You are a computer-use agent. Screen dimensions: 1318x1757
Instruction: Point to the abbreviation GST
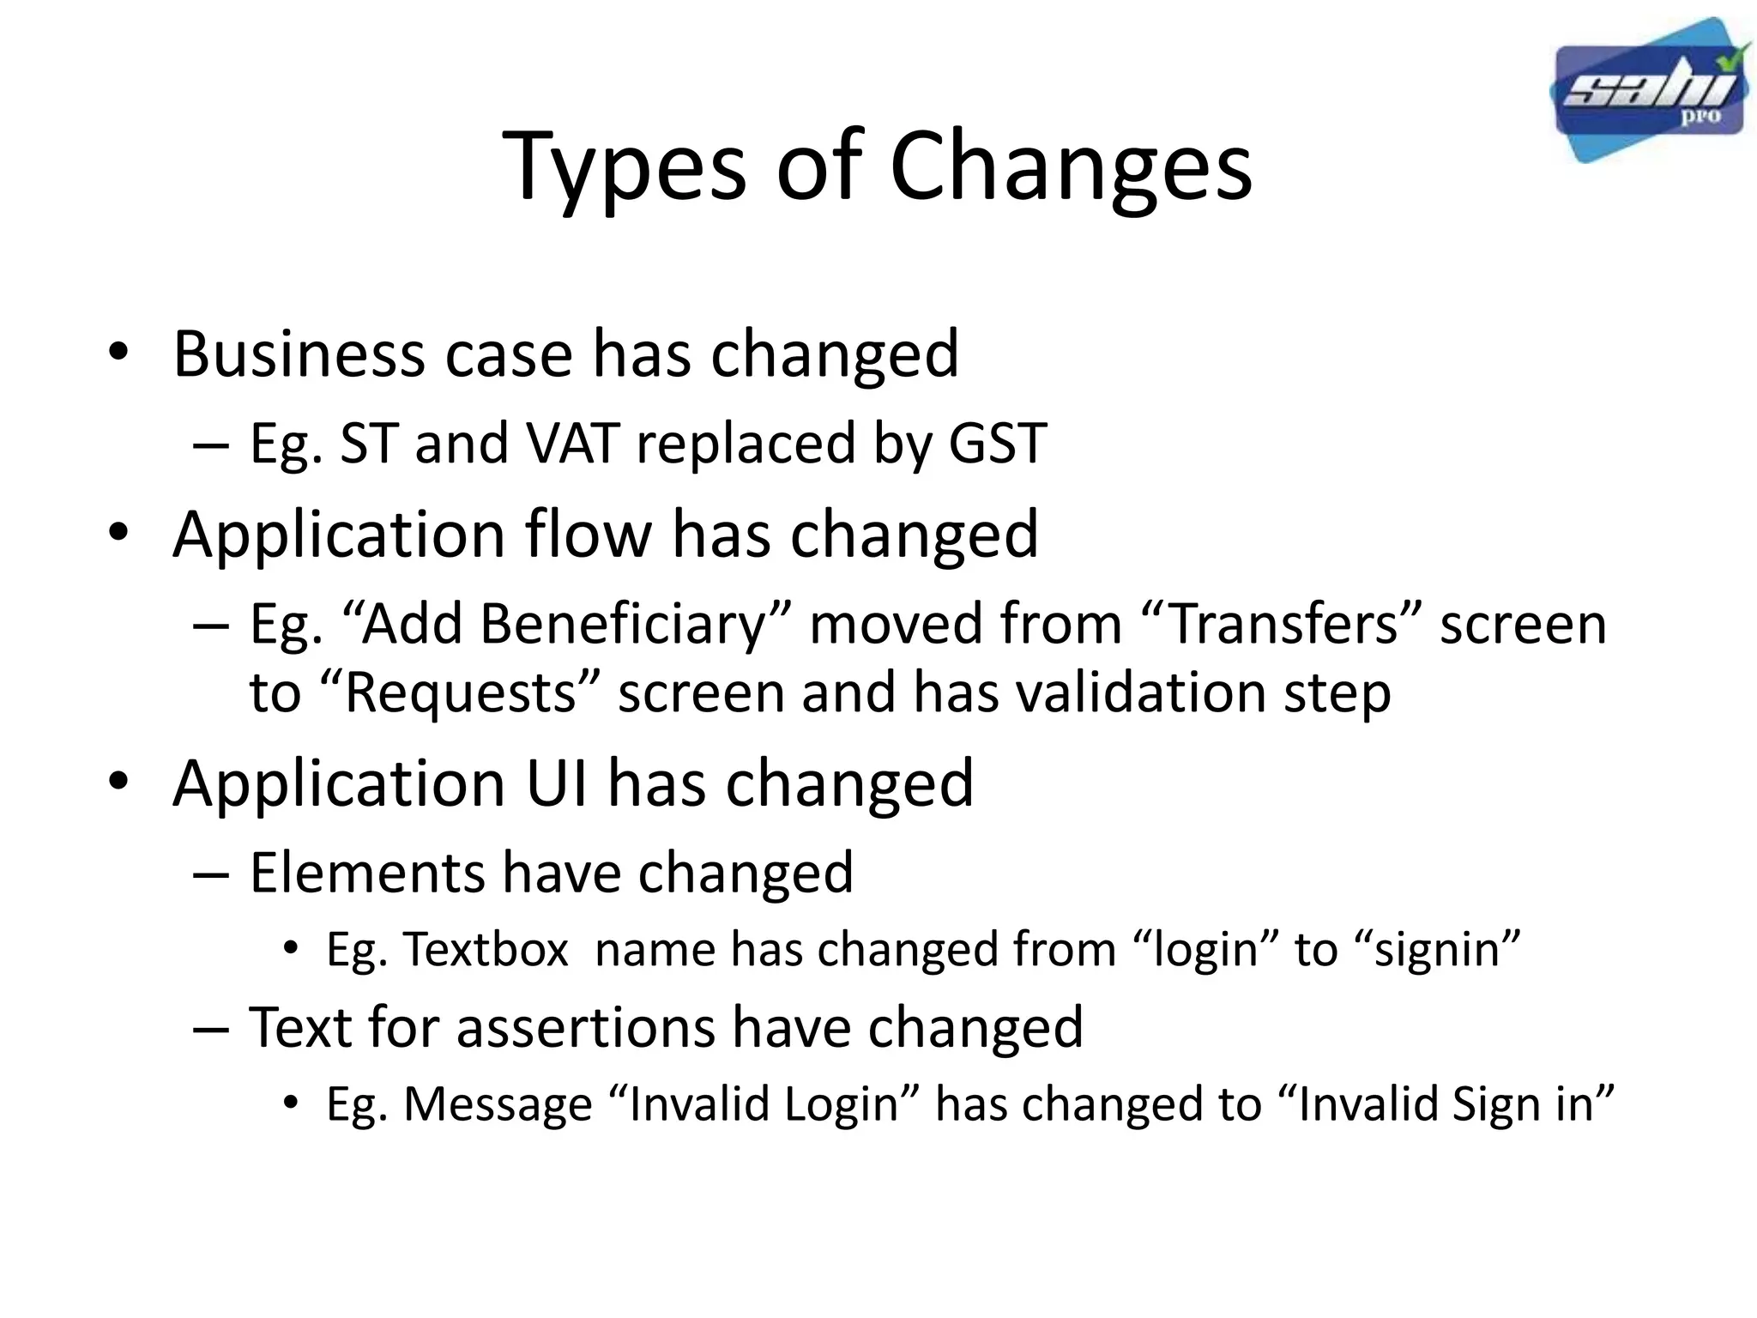(x=997, y=443)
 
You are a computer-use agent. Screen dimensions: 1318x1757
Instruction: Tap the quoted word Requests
(x=460, y=692)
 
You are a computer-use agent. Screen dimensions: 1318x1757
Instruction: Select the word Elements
(x=367, y=872)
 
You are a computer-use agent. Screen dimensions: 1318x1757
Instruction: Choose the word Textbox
(x=486, y=950)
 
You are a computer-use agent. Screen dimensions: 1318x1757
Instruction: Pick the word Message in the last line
(x=498, y=1103)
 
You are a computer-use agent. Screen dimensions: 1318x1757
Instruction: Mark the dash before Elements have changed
(x=210, y=874)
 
